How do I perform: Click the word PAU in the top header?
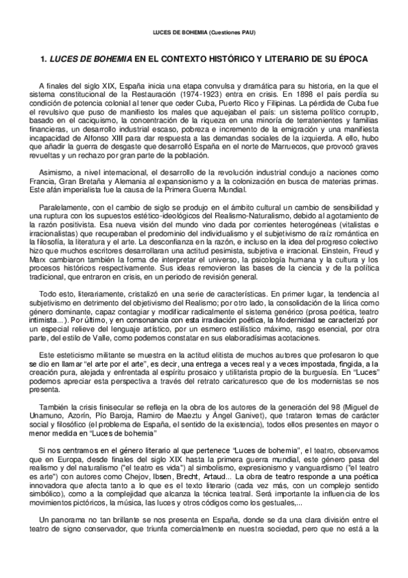coord(247,33)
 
